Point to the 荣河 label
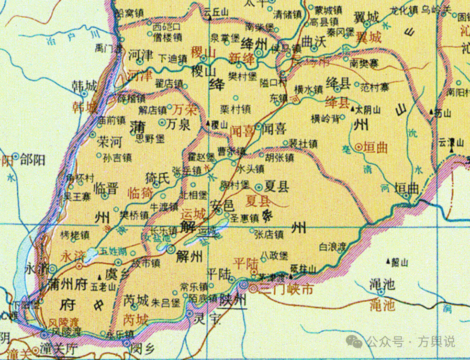109,143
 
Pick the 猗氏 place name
157,179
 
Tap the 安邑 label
223,205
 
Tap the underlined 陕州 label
233,301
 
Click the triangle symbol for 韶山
388,261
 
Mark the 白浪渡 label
332,247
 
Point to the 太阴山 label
370,110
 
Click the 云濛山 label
452,142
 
